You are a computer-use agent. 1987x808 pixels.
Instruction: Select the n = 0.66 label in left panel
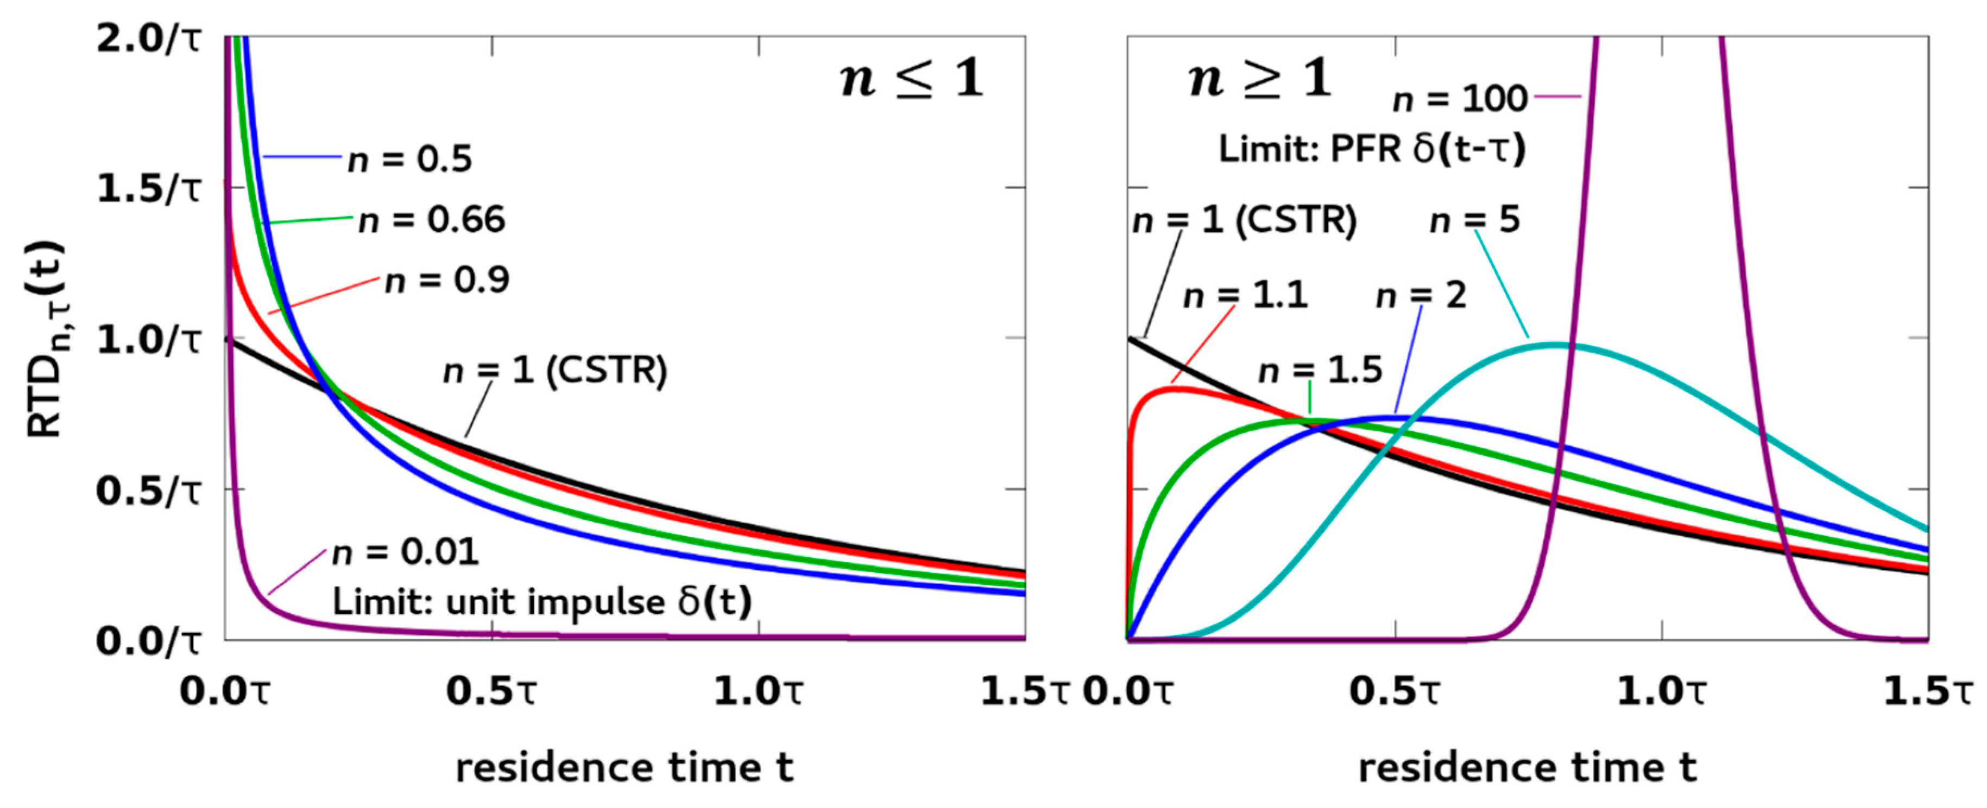coord(432,220)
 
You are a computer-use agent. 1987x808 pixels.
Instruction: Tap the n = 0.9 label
coord(447,281)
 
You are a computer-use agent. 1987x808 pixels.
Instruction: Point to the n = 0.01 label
coord(406,552)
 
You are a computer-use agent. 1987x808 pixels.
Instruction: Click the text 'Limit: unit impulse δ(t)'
coord(541,602)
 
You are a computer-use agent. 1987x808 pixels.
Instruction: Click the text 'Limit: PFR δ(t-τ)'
coord(1372,149)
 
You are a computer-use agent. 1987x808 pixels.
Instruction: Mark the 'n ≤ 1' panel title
coord(912,79)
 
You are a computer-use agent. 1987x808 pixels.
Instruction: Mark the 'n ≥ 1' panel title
coord(1260,79)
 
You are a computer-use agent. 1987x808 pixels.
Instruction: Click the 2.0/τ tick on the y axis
coord(148,39)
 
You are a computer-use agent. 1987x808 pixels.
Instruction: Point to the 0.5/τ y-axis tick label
coord(148,491)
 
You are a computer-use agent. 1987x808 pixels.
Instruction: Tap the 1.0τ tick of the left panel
coord(758,691)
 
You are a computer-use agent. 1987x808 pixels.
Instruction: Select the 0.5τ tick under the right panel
coord(1394,691)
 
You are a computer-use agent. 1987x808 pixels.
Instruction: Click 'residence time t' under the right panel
coord(1527,768)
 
